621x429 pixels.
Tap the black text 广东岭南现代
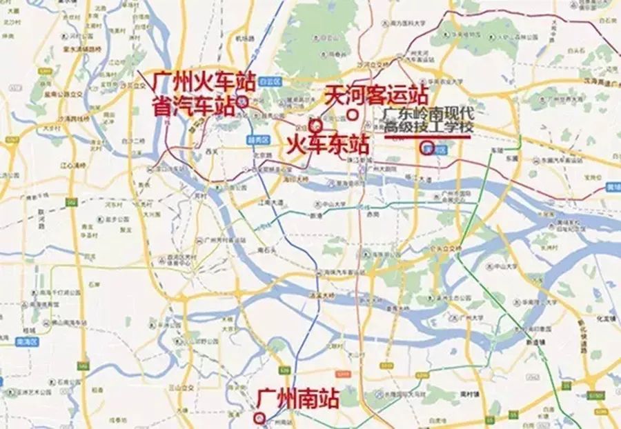(429, 113)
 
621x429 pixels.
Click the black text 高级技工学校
(429, 127)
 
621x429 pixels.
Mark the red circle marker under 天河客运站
(353, 114)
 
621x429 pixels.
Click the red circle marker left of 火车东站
(315, 126)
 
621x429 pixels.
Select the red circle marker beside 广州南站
(259, 417)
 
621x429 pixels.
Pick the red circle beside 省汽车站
(241, 101)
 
